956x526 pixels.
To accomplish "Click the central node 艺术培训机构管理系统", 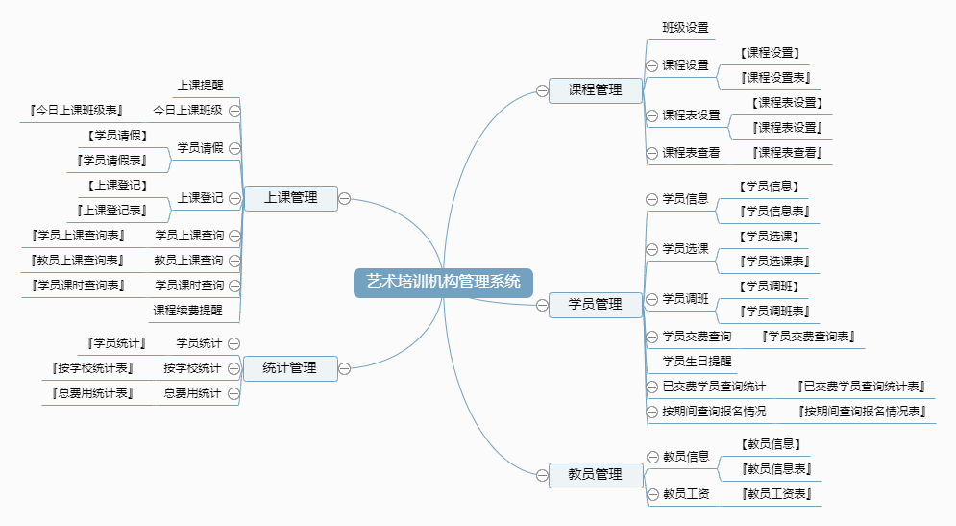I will pyautogui.click(x=443, y=283).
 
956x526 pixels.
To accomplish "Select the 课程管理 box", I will pyautogui.click(x=595, y=90).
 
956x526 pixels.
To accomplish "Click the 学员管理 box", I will pyautogui.click(x=595, y=305).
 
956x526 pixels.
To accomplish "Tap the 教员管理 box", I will pyautogui.click(x=595, y=475).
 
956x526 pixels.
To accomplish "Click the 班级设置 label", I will pyautogui.click(x=685, y=28).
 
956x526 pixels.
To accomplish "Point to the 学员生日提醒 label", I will pyautogui.click(x=697, y=362).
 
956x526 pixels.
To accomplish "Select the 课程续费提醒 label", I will pyautogui.click(x=187, y=311).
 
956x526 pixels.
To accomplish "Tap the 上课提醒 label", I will pyautogui.click(x=201, y=86).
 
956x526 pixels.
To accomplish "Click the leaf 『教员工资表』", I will pyautogui.click(x=776, y=494).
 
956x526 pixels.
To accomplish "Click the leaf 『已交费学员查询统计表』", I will pyautogui.click(x=861, y=387).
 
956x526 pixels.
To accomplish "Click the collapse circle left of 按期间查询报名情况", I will pyautogui.click(x=651, y=412).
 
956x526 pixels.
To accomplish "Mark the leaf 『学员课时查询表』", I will pyautogui.click(x=77, y=286).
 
